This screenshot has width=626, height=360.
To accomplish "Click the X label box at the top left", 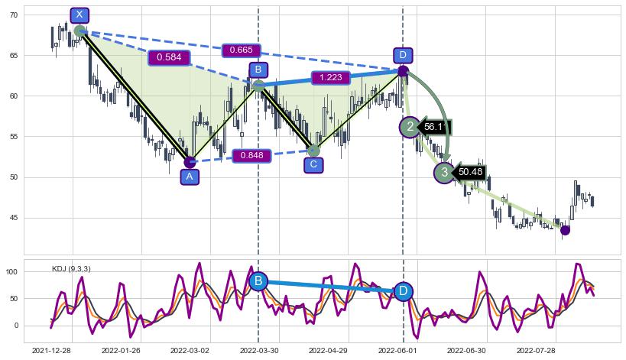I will [79, 15].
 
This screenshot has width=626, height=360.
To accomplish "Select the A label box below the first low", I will [190, 177].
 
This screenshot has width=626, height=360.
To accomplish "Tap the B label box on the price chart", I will [258, 70].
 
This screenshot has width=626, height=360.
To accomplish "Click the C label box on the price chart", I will [313, 165].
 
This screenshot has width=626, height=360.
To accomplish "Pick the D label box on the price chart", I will [403, 55].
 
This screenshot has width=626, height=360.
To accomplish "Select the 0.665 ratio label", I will [241, 50].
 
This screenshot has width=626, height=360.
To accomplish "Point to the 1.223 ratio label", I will [330, 77].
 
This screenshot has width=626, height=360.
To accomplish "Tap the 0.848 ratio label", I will [251, 156].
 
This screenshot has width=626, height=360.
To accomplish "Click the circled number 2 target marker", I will [410, 127].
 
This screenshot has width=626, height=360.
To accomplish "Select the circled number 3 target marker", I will [444, 173].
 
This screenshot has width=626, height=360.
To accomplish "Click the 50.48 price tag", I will [469, 173].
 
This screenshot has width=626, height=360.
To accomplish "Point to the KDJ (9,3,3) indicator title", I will [71, 268].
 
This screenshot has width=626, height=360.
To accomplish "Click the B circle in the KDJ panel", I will [258, 281].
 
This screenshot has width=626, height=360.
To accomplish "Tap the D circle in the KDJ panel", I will [403, 291].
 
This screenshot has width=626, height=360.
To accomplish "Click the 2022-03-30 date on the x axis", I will [258, 350].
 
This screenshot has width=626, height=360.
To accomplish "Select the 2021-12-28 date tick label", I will [51, 350].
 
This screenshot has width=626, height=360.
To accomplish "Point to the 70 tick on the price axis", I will [13, 15].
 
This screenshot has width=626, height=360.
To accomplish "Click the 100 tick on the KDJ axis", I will [11, 271].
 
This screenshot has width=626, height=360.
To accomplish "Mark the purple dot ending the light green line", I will [565, 230].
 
